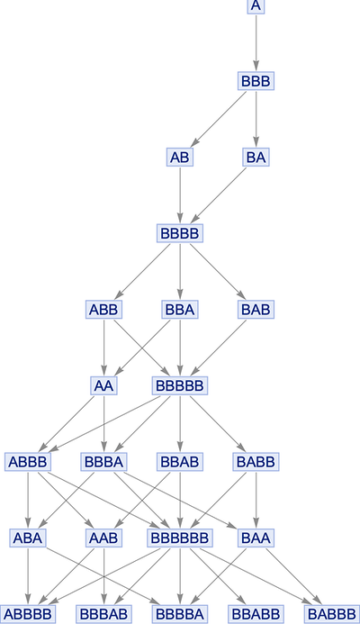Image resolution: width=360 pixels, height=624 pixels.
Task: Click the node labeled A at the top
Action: (x=256, y=6)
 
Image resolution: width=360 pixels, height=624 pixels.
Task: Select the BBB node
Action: (x=256, y=81)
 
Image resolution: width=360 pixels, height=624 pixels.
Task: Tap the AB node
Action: (x=180, y=158)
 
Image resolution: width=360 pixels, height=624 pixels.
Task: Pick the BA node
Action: (x=256, y=158)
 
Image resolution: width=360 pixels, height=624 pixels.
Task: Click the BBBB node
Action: (x=180, y=233)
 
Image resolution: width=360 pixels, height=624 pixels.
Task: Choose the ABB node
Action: (x=103, y=310)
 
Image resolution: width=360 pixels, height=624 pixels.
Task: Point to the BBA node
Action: (x=180, y=310)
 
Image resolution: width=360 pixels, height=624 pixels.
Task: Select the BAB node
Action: (x=256, y=310)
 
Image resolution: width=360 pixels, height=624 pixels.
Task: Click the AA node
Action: (x=103, y=385)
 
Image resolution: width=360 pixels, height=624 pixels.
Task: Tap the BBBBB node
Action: (x=180, y=385)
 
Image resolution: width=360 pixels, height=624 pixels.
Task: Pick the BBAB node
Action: (x=180, y=462)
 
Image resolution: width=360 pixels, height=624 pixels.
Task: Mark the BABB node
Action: (x=256, y=462)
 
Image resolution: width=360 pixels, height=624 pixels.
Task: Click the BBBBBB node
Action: (x=180, y=538)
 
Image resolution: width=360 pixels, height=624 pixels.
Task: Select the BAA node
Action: (x=256, y=538)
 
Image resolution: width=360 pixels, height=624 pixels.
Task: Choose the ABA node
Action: (x=28, y=538)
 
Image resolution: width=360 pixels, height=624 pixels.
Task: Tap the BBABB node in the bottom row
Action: (x=256, y=614)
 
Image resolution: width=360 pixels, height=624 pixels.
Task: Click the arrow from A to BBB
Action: (x=256, y=43)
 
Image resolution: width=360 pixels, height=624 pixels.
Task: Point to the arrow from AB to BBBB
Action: (x=180, y=195)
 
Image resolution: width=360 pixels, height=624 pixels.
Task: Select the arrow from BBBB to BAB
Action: (x=218, y=271)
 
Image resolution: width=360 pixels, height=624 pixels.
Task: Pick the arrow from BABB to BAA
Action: (x=256, y=500)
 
